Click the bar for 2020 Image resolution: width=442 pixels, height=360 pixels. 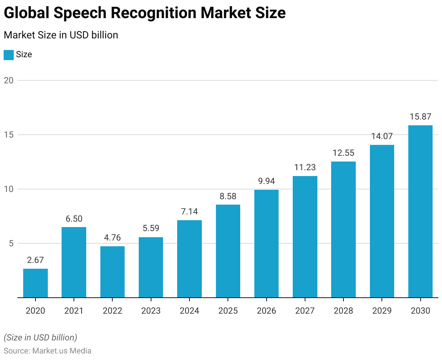pyautogui.click(x=36, y=283)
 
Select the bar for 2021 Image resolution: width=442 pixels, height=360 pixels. pyautogui.click(x=74, y=262)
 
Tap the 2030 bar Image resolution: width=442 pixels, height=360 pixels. pyautogui.click(x=420, y=212)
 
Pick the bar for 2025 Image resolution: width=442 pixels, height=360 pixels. pyautogui.click(x=228, y=251)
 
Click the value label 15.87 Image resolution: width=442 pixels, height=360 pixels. pyautogui.click(x=420, y=117)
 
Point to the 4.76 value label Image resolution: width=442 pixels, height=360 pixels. pyautogui.click(x=112, y=238)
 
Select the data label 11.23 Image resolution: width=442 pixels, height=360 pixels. pyautogui.click(x=305, y=167)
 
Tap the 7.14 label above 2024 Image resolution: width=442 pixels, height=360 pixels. pyautogui.click(x=189, y=212)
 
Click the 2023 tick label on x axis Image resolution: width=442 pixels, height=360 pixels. pyautogui.click(x=151, y=311)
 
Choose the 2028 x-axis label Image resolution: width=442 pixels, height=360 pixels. pyautogui.click(x=343, y=311)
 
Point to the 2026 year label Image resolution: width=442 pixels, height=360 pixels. pyautogui.click(x=266, y=311)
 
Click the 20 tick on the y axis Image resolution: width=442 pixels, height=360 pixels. pyautogui.click(x=9, y=80)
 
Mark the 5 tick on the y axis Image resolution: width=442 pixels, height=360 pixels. pyautogui.click(x=11, y=243)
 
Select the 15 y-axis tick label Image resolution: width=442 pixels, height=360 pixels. pyautogui.click(x=9, y=135)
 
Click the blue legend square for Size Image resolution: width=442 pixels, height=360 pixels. pyautogui.click(x=9, y=55)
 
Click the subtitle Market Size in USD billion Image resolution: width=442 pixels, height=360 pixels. pyautogui.click(x=61, y=35)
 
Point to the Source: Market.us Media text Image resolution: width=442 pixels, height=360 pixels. pyautogui.click(x=47, y=351)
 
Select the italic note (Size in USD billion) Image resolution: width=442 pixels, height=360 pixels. pyautogui.click(x=40, y=338)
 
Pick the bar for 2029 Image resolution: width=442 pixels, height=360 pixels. pyautogui.click(x=382, y=221)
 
